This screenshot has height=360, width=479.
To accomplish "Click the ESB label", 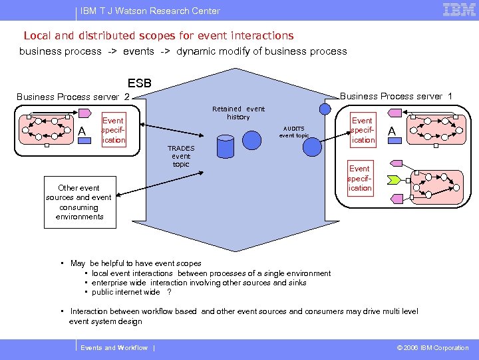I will click(x=139, y=83).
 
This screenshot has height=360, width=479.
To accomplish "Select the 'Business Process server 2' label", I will click(x=72, y=97).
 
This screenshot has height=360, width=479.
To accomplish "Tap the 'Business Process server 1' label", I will click(x=396, y=96).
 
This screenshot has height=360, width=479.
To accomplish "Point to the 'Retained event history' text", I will click(x=238, y=113).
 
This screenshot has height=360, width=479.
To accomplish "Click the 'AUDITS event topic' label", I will click(x=293, y=131).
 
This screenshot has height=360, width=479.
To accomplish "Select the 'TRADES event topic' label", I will click(x=181, y=156).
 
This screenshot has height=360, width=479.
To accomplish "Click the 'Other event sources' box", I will click(x=79, y=202).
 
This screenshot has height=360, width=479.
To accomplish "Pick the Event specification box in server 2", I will click(x=113, y=131).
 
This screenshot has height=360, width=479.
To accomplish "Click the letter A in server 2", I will click(x=82, y=131).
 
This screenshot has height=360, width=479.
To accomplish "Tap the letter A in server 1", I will click(x=392, y=131).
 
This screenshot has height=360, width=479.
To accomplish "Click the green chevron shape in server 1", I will click(x=394, y=180).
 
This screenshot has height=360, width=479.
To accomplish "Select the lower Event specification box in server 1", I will click(x=360, y=178).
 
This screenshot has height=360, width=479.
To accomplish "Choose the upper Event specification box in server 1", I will click(x=363, y=131).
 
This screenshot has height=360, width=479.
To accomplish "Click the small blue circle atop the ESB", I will click(x=325, y=109).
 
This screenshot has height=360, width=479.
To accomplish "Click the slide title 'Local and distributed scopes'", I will click(x=158, y=35).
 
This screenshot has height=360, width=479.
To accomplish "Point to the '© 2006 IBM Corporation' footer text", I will click(x=432, y=348).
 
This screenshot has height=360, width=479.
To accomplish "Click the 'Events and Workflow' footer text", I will click(x=114, y=348).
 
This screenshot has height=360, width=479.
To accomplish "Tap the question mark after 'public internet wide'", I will click(x=170, y=292).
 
